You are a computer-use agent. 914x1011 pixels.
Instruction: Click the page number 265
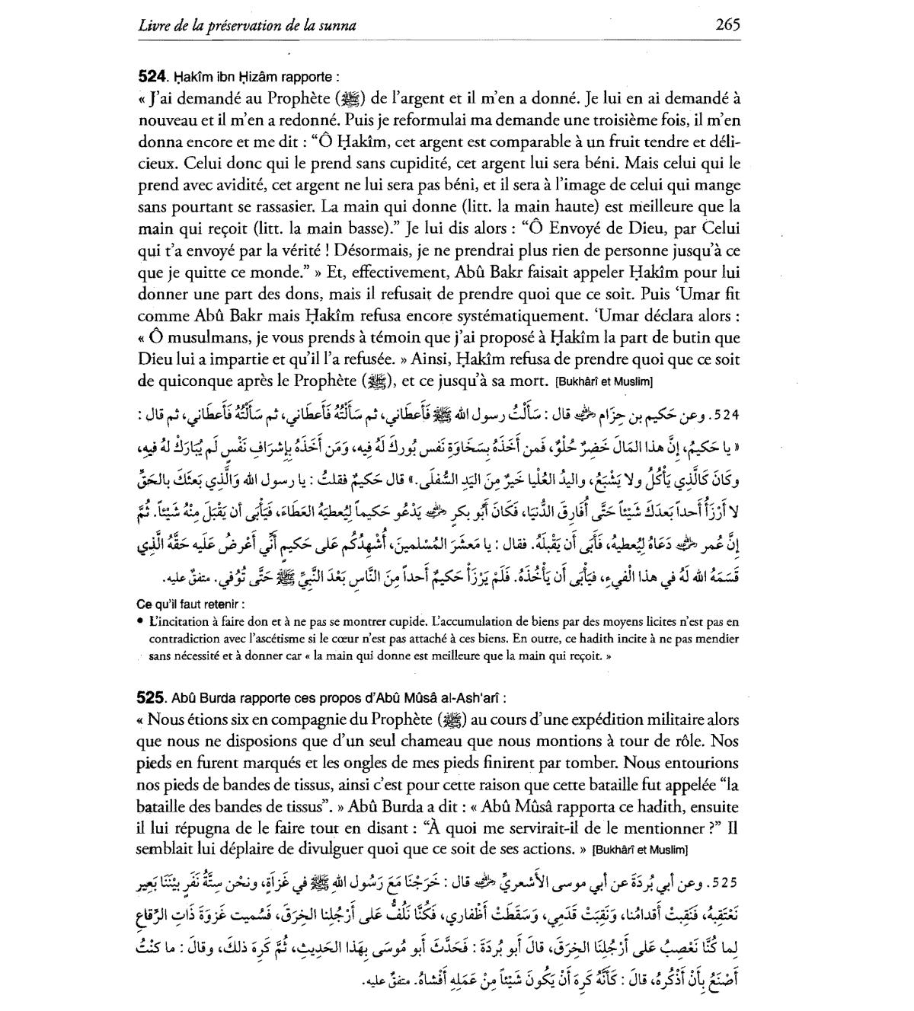point(727,24)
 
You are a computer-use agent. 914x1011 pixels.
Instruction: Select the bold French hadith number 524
point(152,77)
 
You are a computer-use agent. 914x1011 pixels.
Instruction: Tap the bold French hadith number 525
point(152,697)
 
